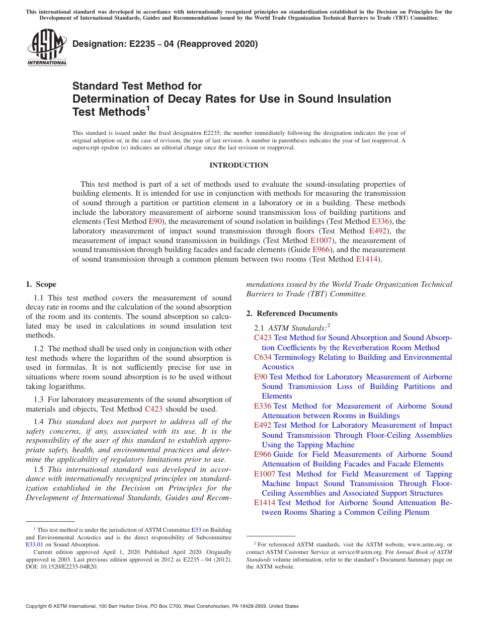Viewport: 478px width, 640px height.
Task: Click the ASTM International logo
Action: pyautogui.click(x=47, y=47)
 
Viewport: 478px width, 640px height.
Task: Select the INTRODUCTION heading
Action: pyautogui.click(x=238, y=166)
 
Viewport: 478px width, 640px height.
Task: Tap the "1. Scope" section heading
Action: pyautogui.click(x=41, y=285)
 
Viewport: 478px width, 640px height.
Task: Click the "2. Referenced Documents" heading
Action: pyautogui.click(x=292, y=313)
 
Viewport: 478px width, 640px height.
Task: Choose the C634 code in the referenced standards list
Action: pyautogui.click(x=263, y=357)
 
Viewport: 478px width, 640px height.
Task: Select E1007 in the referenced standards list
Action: pyautogui.click(x=265, y=474)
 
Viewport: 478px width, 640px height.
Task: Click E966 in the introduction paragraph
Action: pyautogui.click(x=321, y=250)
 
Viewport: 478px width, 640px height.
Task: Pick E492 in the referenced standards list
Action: pyautogui.click(x=263, y=426)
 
